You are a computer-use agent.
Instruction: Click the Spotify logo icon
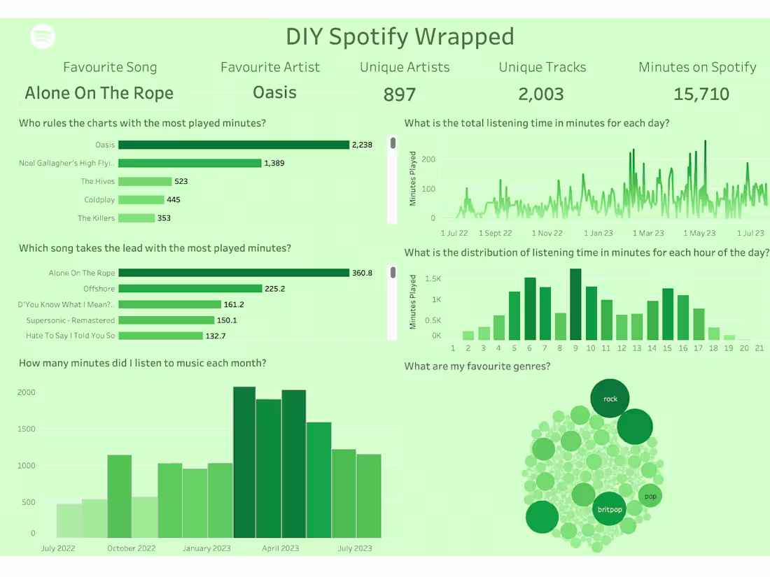click(x=43, y=36)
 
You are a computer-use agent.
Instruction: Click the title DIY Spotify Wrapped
click(x=400, y=36)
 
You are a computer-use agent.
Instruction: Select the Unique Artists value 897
click(x=400, y=94)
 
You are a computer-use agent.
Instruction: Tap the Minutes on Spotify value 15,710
click(x=701, y=94)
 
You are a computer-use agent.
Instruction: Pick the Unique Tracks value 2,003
click(x=541, y=94)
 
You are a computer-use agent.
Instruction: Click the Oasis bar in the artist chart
click(x=233, y=145)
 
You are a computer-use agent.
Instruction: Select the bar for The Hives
click(x=145, y=181)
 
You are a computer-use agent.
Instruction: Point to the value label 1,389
click(x=274, y=163)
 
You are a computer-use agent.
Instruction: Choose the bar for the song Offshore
click(x=190, y=288)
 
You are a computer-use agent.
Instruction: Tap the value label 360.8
click(x=362, y=273)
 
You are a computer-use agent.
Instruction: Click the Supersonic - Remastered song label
click(x=70, y=320)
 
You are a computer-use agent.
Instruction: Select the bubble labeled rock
click(x=610, y=399)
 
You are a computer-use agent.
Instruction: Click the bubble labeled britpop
click(x=610, y=509)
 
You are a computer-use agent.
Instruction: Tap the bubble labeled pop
click(x=650, y=497)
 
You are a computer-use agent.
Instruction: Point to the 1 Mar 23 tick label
click(x=648, y=233)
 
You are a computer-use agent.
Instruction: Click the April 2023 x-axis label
click(x=281, y=548)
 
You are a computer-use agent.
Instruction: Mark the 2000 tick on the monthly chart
click(x=27, y=392)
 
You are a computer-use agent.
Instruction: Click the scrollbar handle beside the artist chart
click(x=393, y=143)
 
